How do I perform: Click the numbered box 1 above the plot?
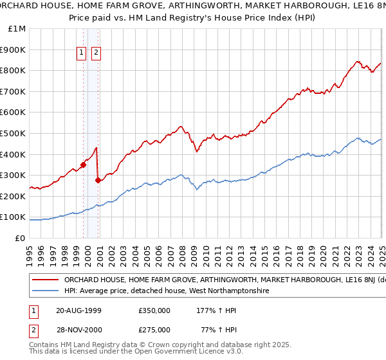(83, 53)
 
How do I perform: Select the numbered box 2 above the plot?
(96, 53)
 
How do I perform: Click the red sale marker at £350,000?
(84, 165)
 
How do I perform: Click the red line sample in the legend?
(44, 280)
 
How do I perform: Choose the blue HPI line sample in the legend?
(44, 291)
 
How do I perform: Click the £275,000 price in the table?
(154, 329)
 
